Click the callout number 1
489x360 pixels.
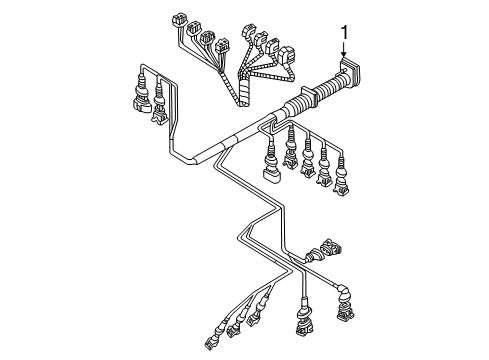click(x=344, y=33)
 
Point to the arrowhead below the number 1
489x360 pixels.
click(x=344, y=55)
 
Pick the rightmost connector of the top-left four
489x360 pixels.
click(x=222, y=46)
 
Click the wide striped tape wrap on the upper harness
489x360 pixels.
click(x=244, y=94)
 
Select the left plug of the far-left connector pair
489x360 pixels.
click(x=141, y=98)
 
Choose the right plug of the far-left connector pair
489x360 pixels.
click(x=159, y=109)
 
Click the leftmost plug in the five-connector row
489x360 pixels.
click(x=271, y=166)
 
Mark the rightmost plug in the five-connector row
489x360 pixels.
click(x=342, y=179)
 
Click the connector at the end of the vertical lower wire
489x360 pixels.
click(x=304, y=319)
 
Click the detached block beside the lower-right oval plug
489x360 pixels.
click(x=330, y=247)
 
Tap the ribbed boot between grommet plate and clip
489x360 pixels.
click(x=329, y=86)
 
